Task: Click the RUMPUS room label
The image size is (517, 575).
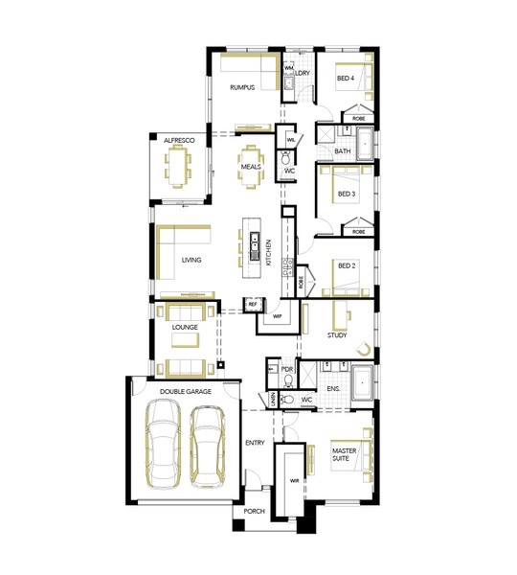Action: point(242,87)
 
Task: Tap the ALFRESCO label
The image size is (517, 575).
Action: point(179,141)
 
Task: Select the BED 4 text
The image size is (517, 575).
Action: point(346,79)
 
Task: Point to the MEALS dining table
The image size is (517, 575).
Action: point(251,167)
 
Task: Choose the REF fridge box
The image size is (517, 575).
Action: point(253,304)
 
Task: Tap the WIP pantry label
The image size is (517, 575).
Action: point(278,316)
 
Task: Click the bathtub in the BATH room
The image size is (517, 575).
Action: point(365,144)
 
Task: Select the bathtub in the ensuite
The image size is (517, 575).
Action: point(362,382)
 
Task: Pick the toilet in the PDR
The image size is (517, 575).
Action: point(289,381)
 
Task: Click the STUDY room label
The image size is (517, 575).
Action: point(337,334)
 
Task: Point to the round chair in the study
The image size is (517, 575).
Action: point(364,349)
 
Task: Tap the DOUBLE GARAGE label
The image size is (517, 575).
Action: point(186,392)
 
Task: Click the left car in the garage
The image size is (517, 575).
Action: point(163,444)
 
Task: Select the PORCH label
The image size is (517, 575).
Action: point(255,511)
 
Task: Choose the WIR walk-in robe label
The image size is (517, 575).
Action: point(295,481)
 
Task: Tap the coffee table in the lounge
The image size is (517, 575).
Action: point(186,340)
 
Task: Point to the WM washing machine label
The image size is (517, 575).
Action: point(289,68)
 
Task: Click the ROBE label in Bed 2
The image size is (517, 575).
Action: point(301,282)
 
